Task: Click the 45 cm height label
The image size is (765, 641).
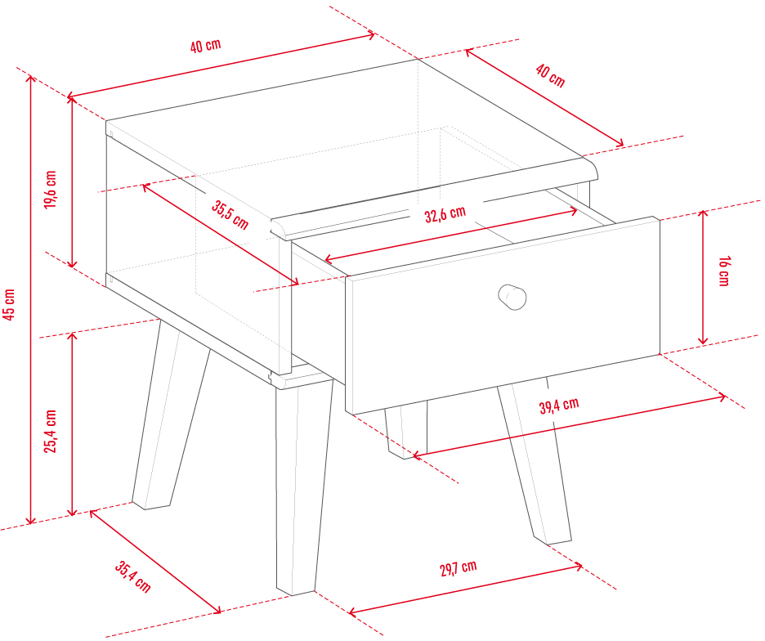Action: (9, 304)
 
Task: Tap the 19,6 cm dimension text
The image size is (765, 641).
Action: (50, 190)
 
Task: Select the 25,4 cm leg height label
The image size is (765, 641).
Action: (50, 431)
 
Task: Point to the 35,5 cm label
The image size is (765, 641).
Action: (230, 215)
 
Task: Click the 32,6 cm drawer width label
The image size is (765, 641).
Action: (445, 214)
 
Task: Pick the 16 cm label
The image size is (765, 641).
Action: (724, 271)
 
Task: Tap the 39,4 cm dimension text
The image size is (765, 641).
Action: (559, 406)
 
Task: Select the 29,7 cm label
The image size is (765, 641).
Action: (459, 567)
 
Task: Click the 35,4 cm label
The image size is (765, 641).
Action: (132, 576)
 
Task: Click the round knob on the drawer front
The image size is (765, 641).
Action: (512, 297)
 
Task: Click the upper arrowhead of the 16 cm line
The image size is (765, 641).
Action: (703, 213)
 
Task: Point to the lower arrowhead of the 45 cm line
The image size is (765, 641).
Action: (31, 521)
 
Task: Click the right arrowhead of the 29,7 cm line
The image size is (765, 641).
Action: (579, 567)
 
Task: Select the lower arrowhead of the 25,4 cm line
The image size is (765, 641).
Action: (72, 512)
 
